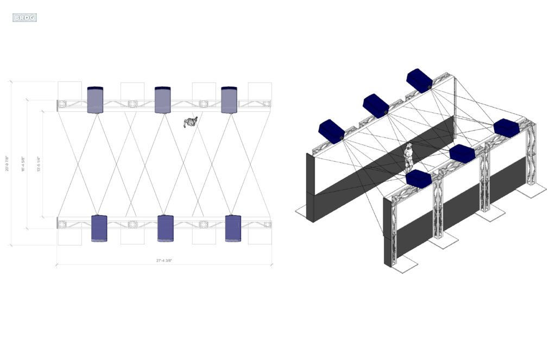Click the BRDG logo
(x=24, y=18)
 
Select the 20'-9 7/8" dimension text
(x=7, y=163)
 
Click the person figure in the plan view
(x=191, y=122)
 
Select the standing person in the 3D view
(x=409, y=157)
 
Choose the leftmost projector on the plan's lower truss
(x=99, y=228)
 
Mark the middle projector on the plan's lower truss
(x=165, y=228)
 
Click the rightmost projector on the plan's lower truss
(x=232, y=228)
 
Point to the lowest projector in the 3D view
(x=419, y=180)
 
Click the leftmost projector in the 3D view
(x=332, y=131)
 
